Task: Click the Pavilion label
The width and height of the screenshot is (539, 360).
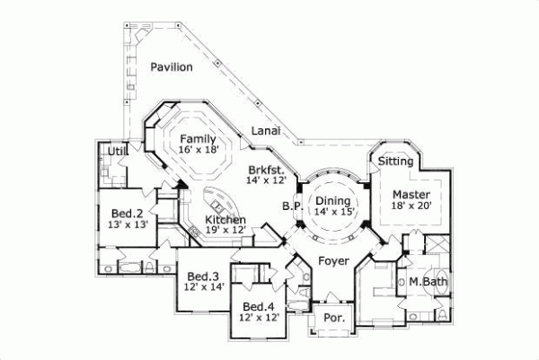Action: [172, 67]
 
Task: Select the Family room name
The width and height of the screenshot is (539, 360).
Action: [197, 138]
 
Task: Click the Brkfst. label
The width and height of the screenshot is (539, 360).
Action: [267, 170]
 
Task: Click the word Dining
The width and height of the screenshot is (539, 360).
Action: [331, 200]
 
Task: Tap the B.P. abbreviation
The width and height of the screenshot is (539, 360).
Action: [290, 206]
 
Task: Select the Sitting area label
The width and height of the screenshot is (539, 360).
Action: [395, 162]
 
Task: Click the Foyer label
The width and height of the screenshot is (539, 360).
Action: [333, 260]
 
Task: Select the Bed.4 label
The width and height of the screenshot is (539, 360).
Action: [257, 305]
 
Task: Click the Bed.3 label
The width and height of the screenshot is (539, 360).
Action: [204, 276]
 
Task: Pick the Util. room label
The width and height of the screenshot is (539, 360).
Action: [118, 152]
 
